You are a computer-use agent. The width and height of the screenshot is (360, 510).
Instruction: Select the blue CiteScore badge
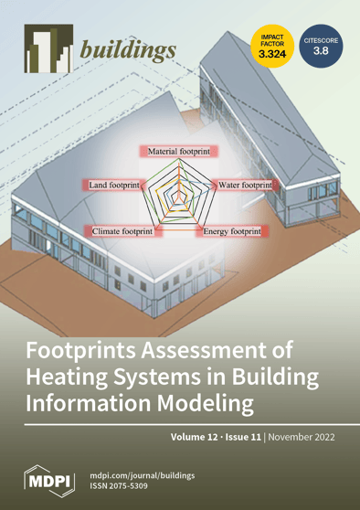(321, 46)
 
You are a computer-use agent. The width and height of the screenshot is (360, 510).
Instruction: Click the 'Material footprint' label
(179, 148)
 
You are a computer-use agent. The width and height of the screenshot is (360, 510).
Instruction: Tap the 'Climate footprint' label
(122, 232)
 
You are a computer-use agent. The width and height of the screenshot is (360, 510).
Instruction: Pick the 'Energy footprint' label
(231, 232)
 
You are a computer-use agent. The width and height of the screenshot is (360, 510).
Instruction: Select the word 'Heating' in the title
(79, 376)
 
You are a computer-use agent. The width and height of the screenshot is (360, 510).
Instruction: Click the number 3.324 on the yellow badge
(270, 55)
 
